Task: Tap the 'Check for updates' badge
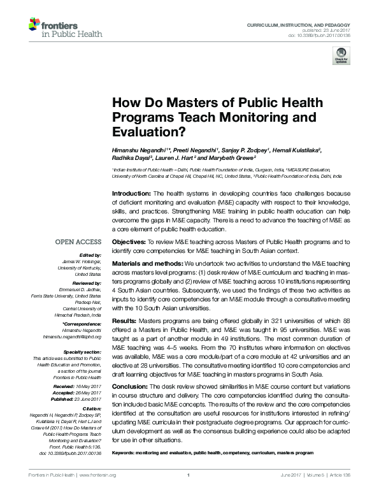coord(341,58)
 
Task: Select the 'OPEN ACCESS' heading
coord(78,242)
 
